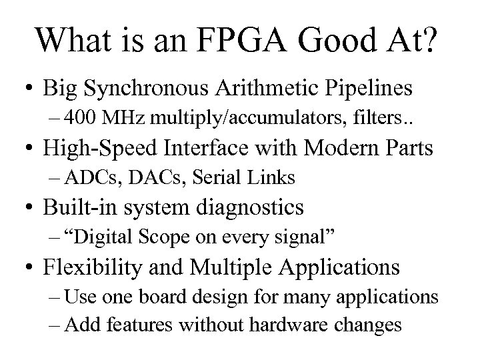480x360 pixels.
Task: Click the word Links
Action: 271,178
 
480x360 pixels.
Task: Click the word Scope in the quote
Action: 194,237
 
